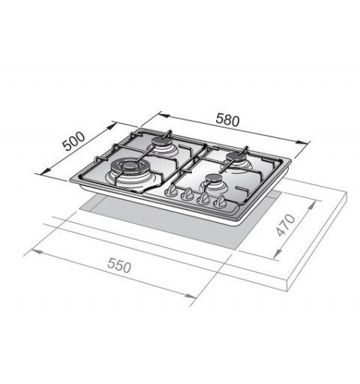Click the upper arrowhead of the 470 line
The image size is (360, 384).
pyautogui.click(x=311, y=201)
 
